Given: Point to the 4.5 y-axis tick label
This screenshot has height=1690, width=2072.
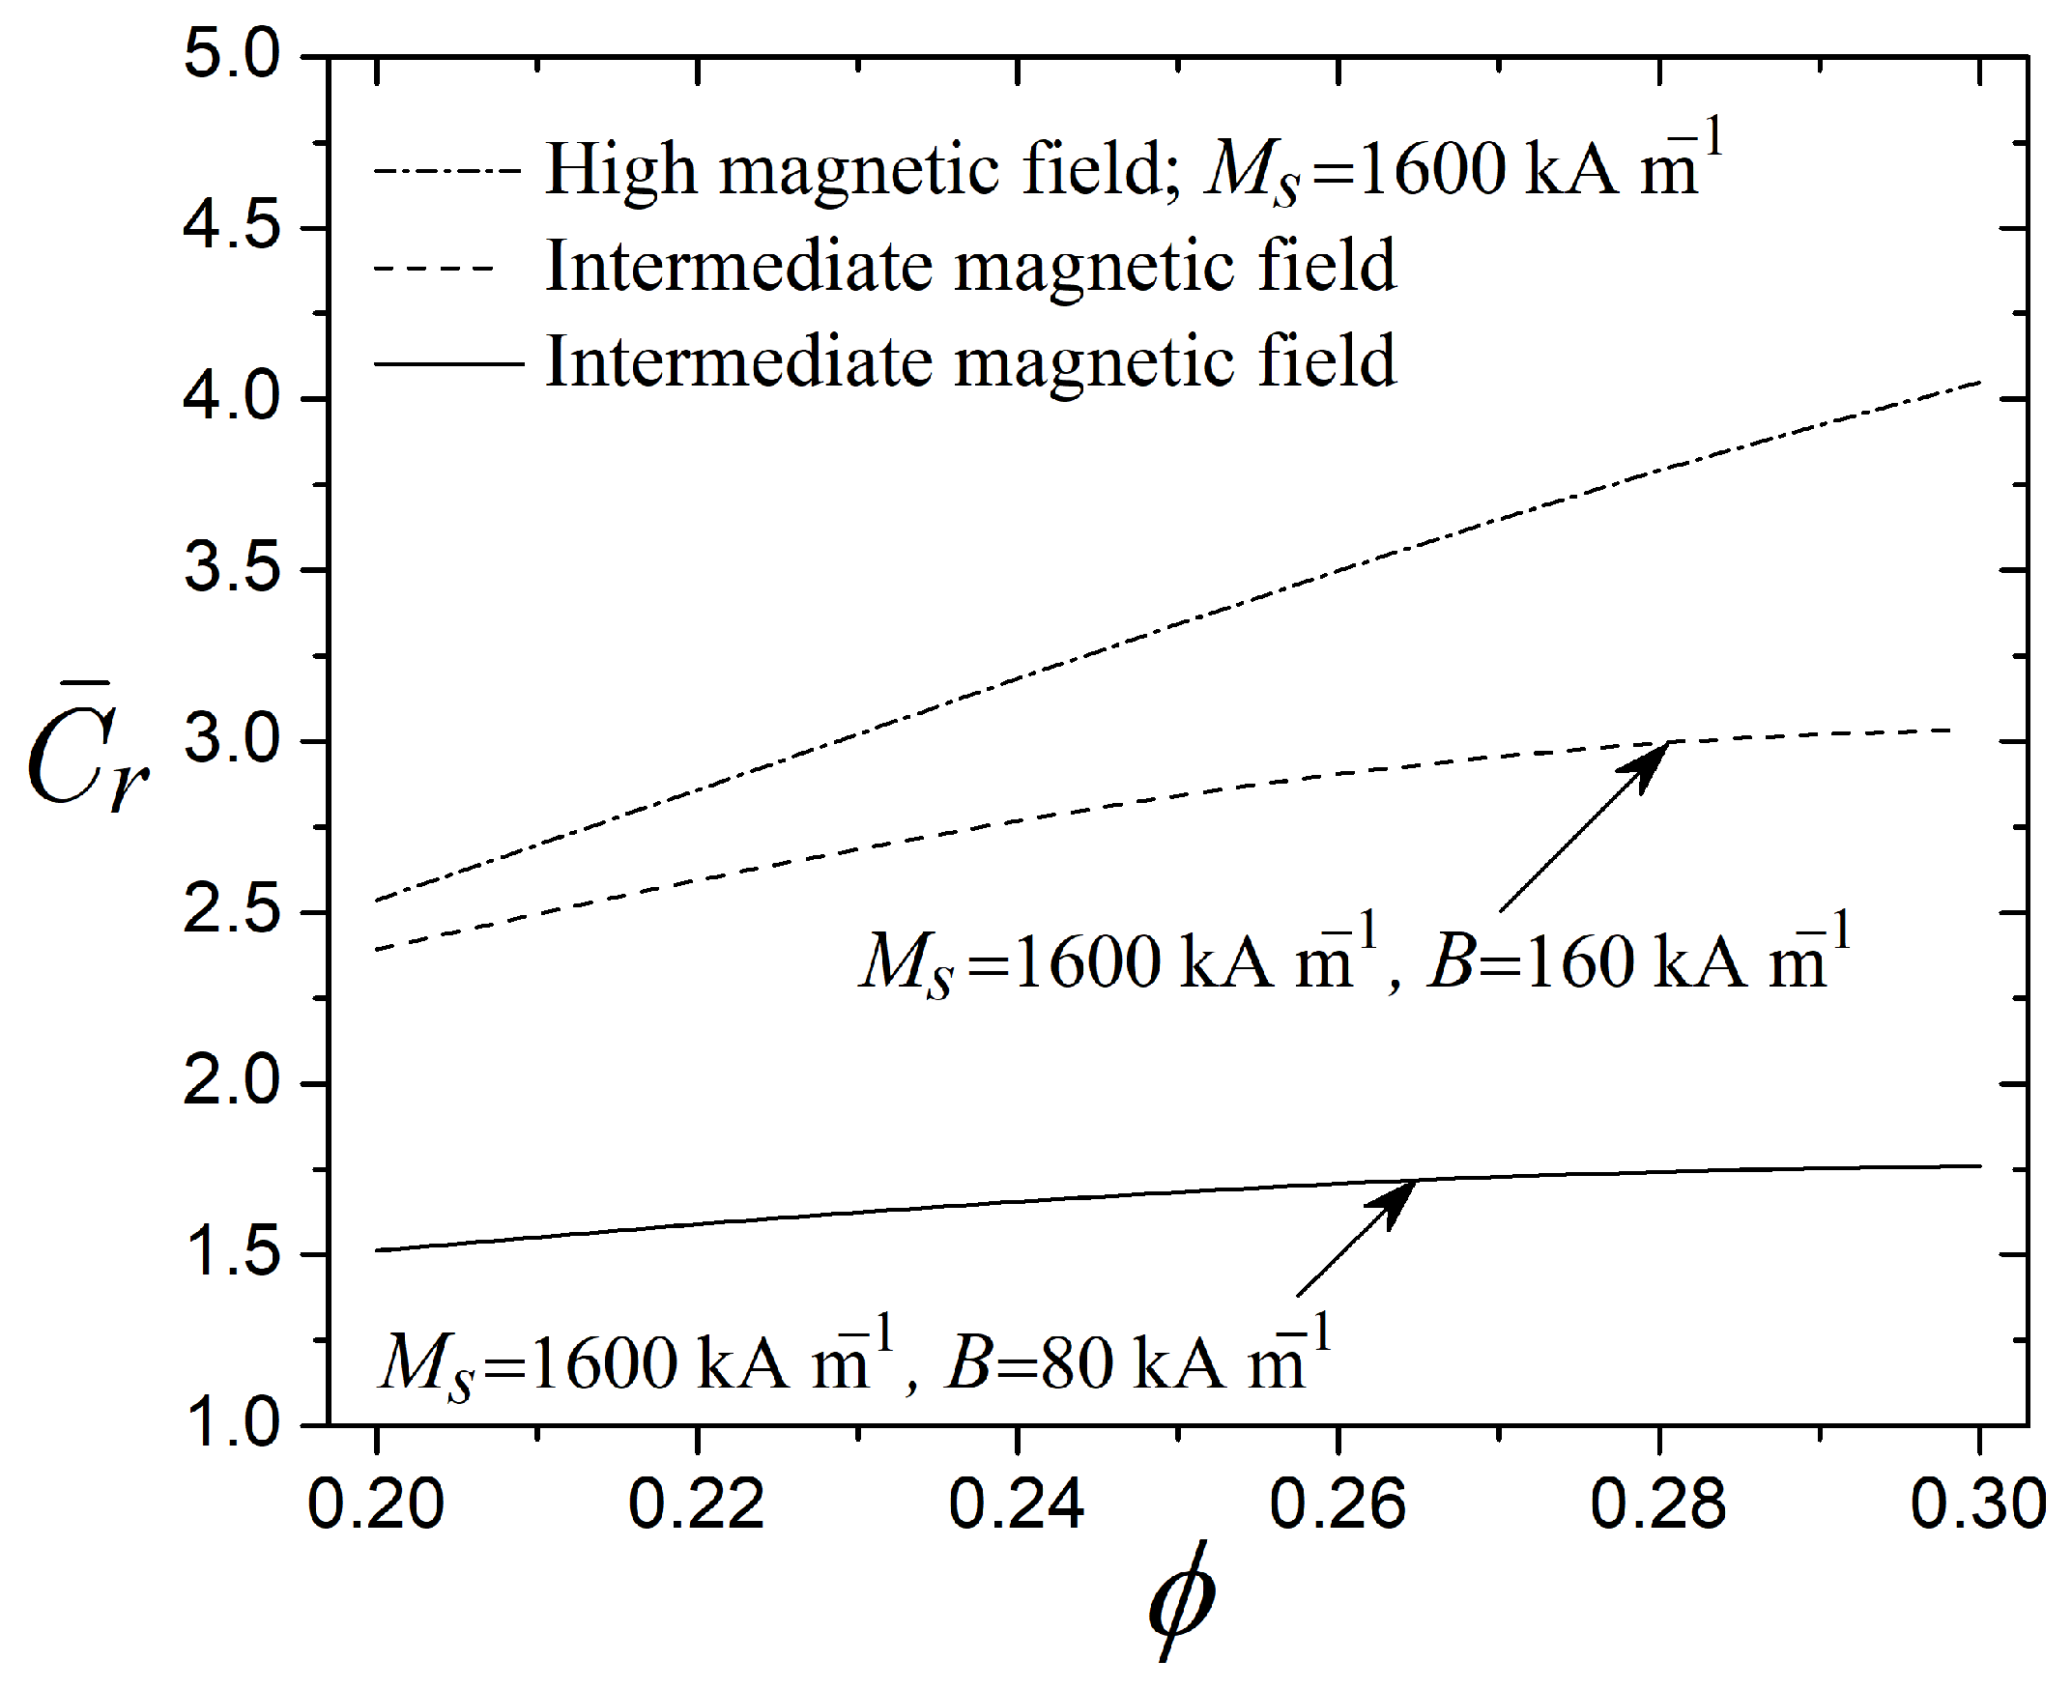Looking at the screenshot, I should [231, 227].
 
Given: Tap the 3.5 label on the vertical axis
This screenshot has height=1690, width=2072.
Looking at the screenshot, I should [231, 568].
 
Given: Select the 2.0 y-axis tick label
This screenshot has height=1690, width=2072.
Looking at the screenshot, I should [231, 1081].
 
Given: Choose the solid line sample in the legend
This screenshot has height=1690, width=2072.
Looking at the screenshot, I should [447, 364].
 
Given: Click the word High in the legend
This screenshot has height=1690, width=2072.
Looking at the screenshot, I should [621, 170].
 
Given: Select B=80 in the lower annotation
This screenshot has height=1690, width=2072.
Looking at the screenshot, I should [1029, 1363].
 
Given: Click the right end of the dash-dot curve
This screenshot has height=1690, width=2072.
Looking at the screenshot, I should [1978, 383].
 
